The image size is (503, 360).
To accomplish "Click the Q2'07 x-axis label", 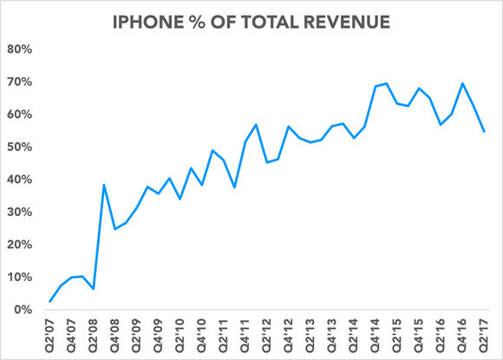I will pos(51,334).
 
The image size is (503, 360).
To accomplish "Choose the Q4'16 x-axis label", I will pos(462,334).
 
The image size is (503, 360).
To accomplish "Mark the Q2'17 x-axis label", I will pos(484,334).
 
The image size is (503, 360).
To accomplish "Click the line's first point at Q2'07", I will pos(51,301).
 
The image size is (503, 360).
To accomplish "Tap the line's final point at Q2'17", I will pos(484,132).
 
